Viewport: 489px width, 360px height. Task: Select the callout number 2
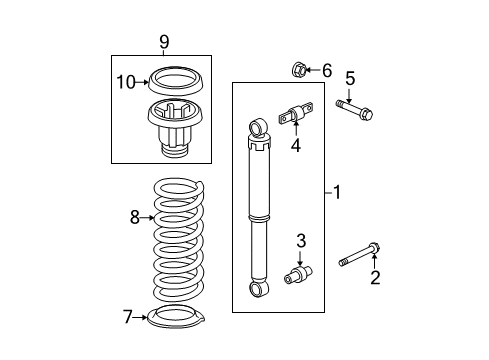click(376, 278)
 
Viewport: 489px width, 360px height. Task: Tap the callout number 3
click(300, 240)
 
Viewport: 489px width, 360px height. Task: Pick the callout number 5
click(350, 78)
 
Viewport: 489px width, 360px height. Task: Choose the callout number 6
click(327, 69)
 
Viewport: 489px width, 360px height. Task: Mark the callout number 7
click(128, 317)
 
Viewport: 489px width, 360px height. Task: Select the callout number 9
click(164, 41)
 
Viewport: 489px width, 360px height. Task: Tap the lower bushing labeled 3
click(300, 273)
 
